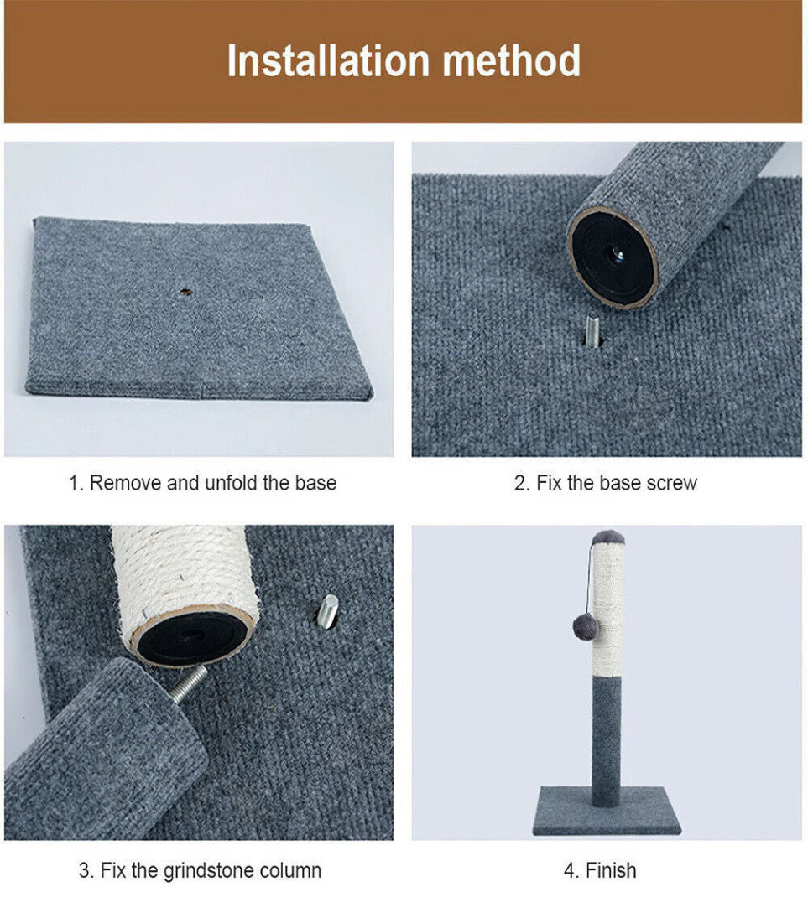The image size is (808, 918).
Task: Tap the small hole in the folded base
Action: [x=185, y=293]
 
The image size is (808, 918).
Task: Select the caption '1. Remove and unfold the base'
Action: [x=202, y=483]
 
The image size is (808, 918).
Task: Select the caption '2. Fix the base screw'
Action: [x=606, y=483]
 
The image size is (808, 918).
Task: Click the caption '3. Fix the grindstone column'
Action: [x=200, y=870]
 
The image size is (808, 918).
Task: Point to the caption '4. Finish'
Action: [x=599, y=870]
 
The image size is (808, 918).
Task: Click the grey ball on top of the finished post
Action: [x=607, y=537]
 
